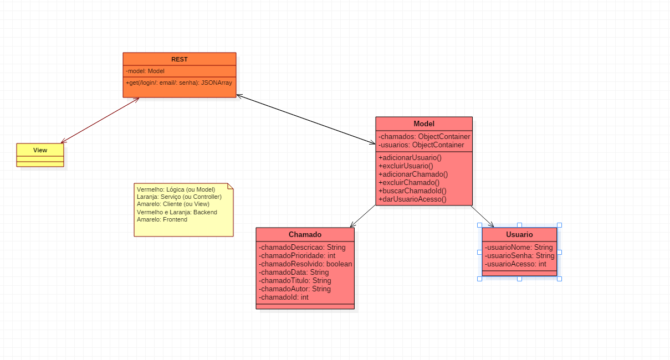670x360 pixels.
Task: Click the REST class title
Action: pyautogui.click(x=179, y=59)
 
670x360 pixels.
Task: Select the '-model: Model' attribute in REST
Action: pyautogui.click(x=145, y=71)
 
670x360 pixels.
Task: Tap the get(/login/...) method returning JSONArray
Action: pyautogui.click(x=178, y=83)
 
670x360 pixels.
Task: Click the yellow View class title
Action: pyautogui.click(x=40, y=150)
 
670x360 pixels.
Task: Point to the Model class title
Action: pyautogui.click(x=424, y=124)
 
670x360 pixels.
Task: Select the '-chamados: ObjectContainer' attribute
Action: pyautogui.click(x=424, y=136)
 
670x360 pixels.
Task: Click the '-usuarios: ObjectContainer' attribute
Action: pyautogui.click(x=421, y=145)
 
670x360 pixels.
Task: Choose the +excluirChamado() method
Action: pyautogui.click(x=409, y=182)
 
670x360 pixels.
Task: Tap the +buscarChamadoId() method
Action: pyautogui.click(x=412, y=191)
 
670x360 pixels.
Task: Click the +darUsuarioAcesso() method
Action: pyautogui.click(x=412, y=199)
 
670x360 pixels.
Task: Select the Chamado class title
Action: pyautogui.click(x=305, y=234)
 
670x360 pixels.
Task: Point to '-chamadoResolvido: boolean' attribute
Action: pyautogui.click(x=305, y=264)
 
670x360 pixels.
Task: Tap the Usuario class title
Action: pyautogui.click(x=519, y=234)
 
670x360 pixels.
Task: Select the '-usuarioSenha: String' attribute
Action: pyautogui.click(x=519, y=256)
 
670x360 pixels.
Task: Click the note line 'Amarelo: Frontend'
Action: pyautogui.click(x=162, y=219)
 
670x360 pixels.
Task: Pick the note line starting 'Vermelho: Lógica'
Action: pyautogui.click(x=176, y=189)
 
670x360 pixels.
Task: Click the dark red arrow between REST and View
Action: pyautogui.click(x=100, y=120)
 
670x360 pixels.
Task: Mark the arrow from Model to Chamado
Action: pyautogui.click(x=363, y=216)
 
